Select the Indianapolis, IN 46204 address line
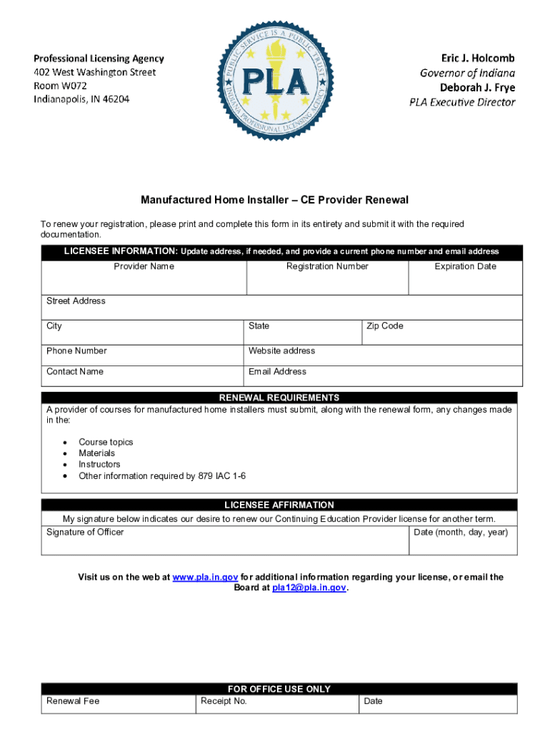click(x=81, y=99)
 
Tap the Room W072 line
click(x=61, y=86)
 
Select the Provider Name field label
click(x=144, y=266)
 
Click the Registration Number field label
click(x=327, y=266)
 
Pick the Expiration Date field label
click(x=465, y=266)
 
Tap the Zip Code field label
click(x=384, y=326)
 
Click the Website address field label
click(x=281, y=351)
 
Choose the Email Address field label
click(x=277, y=372)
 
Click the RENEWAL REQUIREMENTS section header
click(x=279, y=398)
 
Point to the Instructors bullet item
click(x=99, y=465)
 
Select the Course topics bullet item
click(x=106, y=443)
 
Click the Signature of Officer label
click(x=85, y=533)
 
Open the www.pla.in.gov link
click(x=205, y=578)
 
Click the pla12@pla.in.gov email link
click(x=309, y=588)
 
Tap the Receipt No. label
click(x=224, y=701)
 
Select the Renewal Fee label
click(x=73, y=701)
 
